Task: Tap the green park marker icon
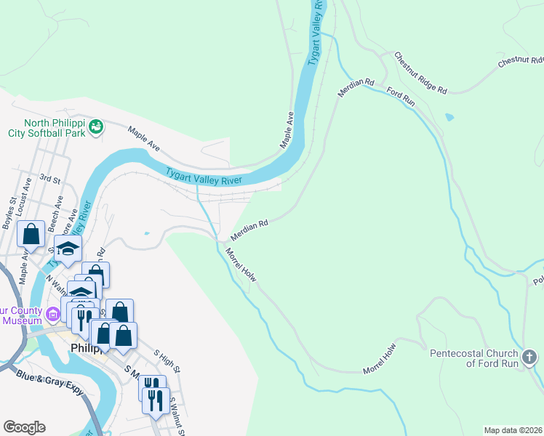pos(95,127)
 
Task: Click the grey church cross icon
pos(529,357)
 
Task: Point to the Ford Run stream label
pos(400,97)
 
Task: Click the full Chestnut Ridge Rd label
pos(420,72)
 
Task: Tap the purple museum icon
pos(52,315)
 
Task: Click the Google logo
pos(24,427)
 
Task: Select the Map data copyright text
pos(512,429)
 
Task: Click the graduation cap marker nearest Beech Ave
pos(68,249)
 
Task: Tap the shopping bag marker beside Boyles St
pos(31,234)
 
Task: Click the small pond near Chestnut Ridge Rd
pos(449,116)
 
